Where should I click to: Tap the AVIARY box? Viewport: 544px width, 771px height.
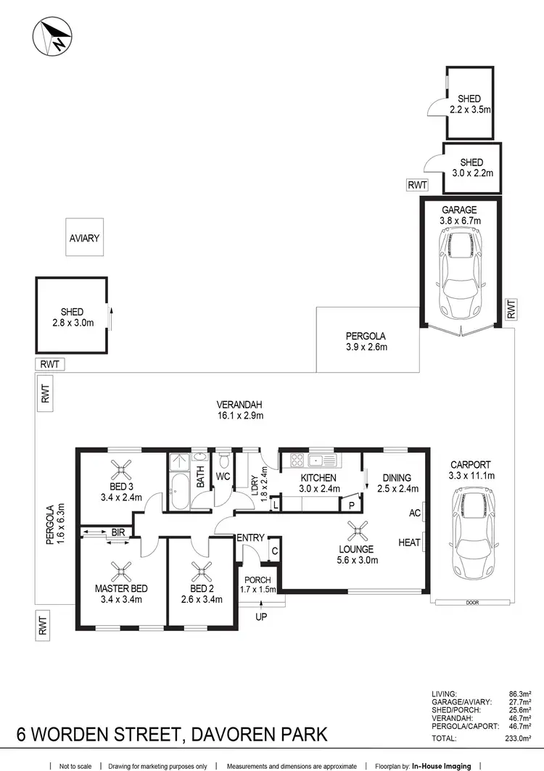click(84, 237)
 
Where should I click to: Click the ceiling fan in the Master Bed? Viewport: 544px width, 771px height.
click(121, 569)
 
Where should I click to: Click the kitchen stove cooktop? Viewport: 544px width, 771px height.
click(297, 460)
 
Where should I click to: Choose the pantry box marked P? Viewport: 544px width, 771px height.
click(351, 505)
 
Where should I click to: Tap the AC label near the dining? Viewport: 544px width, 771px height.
click(415, 513)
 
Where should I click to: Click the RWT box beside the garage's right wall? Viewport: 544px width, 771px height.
click(511, 310)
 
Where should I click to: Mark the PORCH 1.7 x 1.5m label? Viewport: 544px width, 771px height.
click(258, 585)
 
